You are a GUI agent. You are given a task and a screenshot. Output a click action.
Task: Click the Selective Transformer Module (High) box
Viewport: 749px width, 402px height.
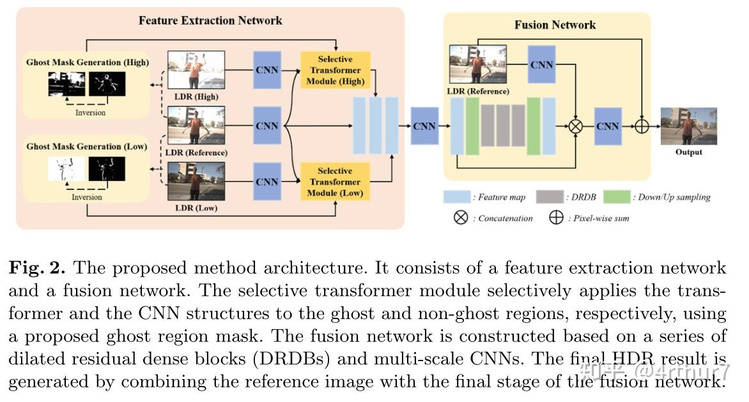click(x=335, y=70)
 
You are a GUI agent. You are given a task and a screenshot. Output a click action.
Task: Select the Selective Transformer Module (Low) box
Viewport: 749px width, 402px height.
click(x=335, y=182)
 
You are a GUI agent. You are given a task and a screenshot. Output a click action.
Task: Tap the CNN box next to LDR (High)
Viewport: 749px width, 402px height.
click(x=267, y=70)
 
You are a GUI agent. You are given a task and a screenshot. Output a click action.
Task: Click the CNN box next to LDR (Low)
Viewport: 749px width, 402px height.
click(x=267, y=182)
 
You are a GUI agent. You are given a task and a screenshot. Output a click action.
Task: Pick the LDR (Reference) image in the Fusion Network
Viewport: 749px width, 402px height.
click(x=477, y=64)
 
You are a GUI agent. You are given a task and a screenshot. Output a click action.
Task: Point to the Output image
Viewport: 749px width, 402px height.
click(x=688, y=126)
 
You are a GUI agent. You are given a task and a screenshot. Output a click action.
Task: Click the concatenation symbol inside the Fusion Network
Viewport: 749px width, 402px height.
click(x=576, y=126)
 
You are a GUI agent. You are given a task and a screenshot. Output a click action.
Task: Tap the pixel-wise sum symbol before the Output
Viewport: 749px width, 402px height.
click(x=641, y=126)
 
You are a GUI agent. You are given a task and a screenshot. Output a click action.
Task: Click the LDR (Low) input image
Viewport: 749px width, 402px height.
click(x=196, y=182)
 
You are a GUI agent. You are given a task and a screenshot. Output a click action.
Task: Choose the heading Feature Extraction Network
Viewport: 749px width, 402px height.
click(x=210, y=20)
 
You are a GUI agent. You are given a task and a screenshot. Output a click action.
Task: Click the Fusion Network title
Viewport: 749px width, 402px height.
click(x=555, y=25)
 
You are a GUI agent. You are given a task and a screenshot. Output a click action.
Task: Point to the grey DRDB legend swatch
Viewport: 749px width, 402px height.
click(x=549, y=197)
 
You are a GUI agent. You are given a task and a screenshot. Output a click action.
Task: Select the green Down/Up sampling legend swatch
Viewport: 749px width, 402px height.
click(x=616, y=197)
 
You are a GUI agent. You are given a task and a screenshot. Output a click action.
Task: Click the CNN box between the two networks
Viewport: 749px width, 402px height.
click(x=424, y=126)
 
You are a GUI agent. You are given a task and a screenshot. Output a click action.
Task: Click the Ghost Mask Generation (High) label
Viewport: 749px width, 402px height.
click(x=88, y=63)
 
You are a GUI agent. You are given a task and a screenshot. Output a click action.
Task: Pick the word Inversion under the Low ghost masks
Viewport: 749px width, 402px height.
click(x=87, y=197)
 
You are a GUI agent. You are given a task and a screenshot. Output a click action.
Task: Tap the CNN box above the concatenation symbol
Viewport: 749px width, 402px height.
click(x=541, y=65)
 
